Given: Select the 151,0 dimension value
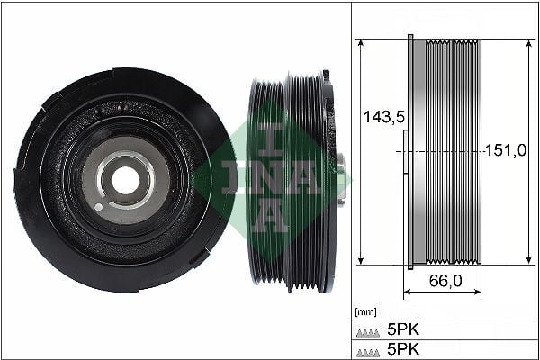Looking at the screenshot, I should pyautogui.click(x=505, y=150).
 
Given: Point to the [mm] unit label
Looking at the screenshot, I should pyautogui.click(x=366, y=312).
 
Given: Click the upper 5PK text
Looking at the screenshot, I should pyautogui.click(x=401, y=329).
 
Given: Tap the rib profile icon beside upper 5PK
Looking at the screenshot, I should pyautogui.click(x=370, y=330).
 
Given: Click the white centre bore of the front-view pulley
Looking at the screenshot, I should pyautogui.click(x=126, y=180).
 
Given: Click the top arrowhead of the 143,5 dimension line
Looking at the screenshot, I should pyautogui.click(x=361, y=42).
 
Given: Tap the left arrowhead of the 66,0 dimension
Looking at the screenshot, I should pyautogui.click(x=407, y=292).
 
